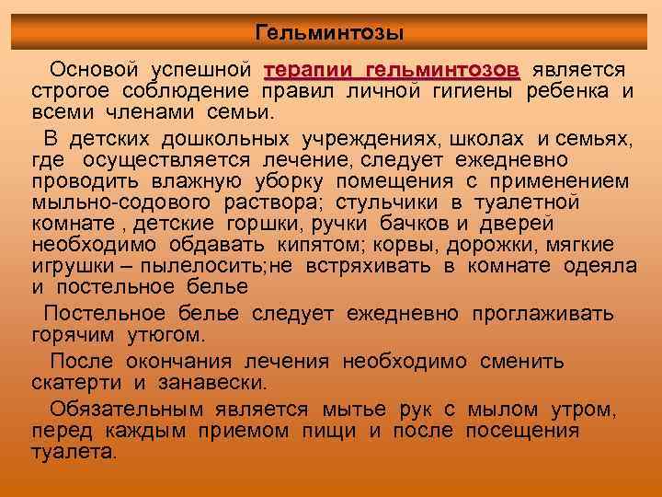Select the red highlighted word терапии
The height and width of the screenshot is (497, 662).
point(308,70)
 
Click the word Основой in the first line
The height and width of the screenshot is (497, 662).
point(93,70)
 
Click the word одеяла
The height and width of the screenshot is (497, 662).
point(602,266)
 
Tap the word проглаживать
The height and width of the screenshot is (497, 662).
point(542,314)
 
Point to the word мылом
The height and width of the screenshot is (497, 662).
point(506,410)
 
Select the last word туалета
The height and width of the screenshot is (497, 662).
point(74,453)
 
